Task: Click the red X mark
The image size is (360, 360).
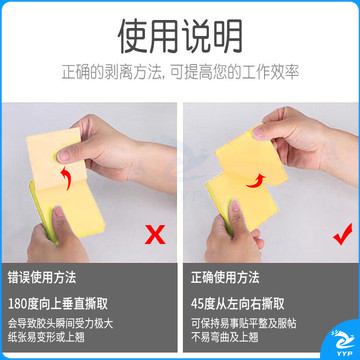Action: click(155, 234)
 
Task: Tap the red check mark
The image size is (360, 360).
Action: click(343, 234)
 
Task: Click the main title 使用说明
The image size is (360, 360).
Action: click(180, 37)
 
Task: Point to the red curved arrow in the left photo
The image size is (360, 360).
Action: click(67, 178)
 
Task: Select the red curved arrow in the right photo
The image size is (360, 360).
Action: click(257, 180)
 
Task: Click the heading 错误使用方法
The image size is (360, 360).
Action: click(42, 277)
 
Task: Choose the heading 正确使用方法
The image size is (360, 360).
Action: click(225, 277)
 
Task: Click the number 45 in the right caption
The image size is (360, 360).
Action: click(197, 304)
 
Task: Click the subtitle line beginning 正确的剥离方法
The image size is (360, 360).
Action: click(180, 72)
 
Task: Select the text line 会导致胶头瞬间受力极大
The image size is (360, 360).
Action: click(61, 323)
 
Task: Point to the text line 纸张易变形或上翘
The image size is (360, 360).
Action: click(46, 337)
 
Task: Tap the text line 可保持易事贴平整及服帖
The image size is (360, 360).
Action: click(244, 323)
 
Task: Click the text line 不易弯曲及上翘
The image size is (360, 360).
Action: click(225, 337)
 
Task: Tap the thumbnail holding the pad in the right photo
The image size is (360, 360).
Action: click(235, 207)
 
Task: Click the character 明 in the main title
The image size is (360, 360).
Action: click(228, 37)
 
